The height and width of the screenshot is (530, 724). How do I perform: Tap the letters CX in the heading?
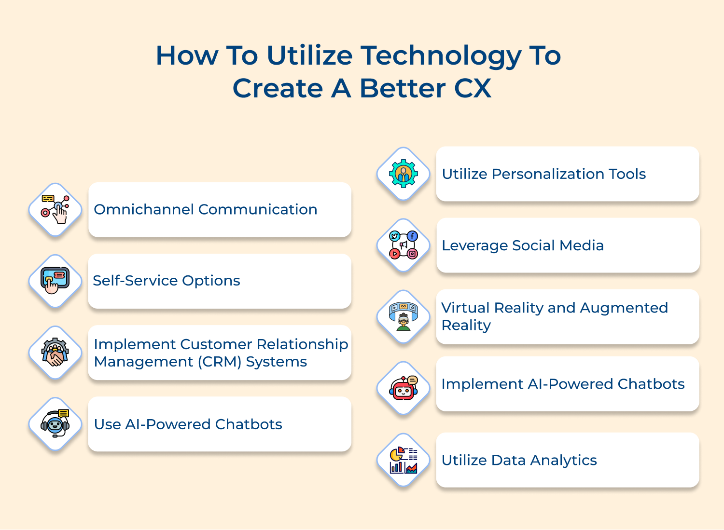pyautogui.click(x=473, y=88)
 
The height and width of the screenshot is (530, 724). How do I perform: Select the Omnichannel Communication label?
pyautogui.click(x=206, y=210)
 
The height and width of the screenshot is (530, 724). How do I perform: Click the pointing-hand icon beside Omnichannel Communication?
pyautogui.click(x=56, y=209)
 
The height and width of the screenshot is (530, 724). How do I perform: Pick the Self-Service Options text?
pyautogui.click(x=167, y=281)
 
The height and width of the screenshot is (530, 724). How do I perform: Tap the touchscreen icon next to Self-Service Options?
pyautogui.click(x=55, y=280)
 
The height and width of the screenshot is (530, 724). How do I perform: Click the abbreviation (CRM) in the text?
pyautogui.click(x=220, y=362)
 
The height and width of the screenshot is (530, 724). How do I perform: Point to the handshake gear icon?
pyautogui.click(x=55, y=352)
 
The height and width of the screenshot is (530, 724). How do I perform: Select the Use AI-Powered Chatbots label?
pyautogui.click(x=188, y=424)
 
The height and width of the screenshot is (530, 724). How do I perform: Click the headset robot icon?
pyautogui.click(x=56, y=423)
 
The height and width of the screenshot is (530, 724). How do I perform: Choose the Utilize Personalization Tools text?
pyautogui.click(x=543, y=174)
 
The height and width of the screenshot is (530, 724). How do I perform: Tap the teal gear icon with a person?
pyautogui.click(x=404, y=174)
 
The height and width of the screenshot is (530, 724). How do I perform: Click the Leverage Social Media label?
pyautogui.click(x=523, y=245)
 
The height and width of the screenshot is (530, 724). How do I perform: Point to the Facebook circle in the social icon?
pyautogui.click(x=412, y=236)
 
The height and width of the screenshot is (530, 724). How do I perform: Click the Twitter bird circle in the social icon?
pyautogui.click(x=394, y=236)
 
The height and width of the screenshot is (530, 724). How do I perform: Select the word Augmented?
pyautogui.click(x=624, y=308)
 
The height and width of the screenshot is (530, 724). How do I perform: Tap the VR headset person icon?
pyautogui.click(x=404, y=316)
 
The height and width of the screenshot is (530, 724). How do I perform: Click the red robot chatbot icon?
pyautogui.click(x=404, y=388)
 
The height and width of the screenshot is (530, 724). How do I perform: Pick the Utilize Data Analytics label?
pyautogui.click(x=519, y=461)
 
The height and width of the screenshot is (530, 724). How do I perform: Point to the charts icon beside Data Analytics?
pyautogui.click(x=404, y=460)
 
